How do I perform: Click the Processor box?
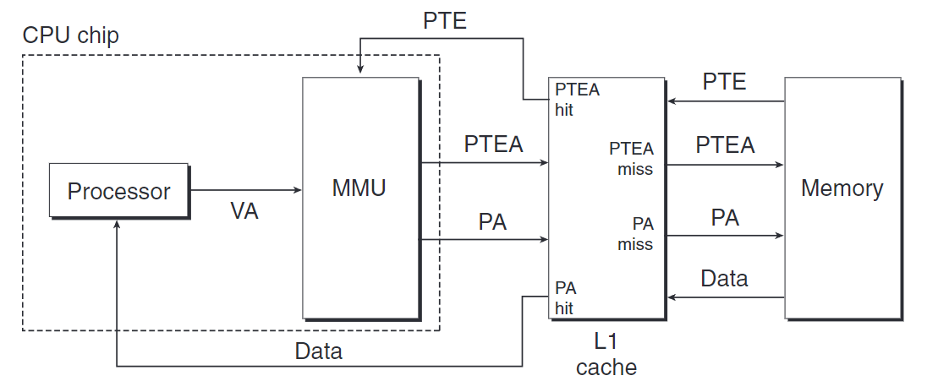(118, 191)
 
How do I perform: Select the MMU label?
(359, 188)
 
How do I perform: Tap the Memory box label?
(842, 188)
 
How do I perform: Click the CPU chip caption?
(70, 35)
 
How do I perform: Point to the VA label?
(244, 211)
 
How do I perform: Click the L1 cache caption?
(606, 355)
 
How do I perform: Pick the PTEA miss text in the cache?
(632, 158)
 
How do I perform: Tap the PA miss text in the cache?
(635, 234)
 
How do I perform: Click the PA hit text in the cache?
(564, 297)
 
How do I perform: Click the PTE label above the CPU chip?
(445, 21)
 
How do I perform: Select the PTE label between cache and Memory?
(725, 82)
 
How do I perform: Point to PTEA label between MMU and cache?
(493, 144)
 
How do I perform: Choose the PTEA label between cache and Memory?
(725, 144)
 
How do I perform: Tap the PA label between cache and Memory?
(725, 218)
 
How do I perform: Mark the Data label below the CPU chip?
(318, 351)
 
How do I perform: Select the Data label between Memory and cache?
(725, 278)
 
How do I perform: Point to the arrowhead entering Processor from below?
(117, 225)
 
